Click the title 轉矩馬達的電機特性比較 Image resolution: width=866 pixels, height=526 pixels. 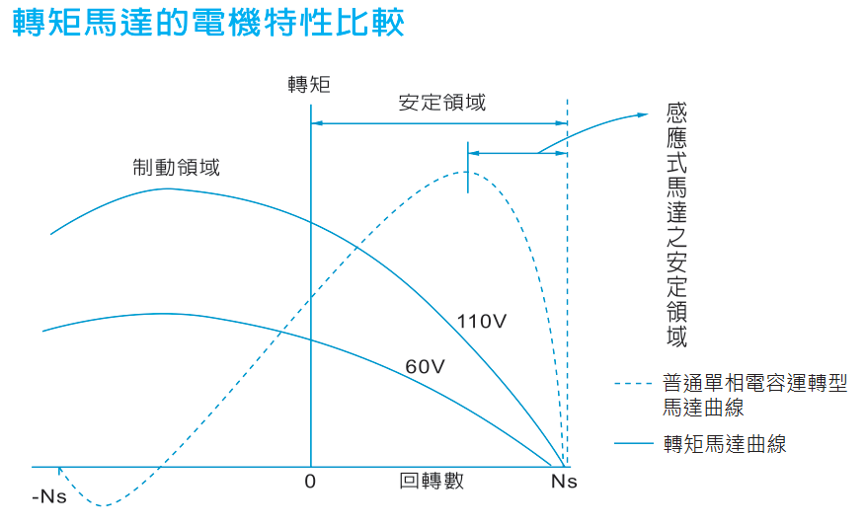click(x=208, y=23)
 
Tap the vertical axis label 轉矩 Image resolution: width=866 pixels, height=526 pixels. click(x=309, y=84)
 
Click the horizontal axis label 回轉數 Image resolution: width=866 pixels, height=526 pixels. click(x=432, y=481)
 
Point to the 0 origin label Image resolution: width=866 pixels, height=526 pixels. click(x=310, y=482)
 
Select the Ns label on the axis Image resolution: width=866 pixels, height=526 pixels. click(x=563, y=482)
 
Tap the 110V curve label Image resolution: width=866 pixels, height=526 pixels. click(x=481, y=321)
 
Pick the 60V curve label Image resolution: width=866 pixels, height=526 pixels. click(x=426, y=367)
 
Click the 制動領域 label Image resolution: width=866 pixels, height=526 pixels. click(x=176, y=167)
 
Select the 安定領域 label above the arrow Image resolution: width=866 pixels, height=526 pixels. click(x=441, y=103)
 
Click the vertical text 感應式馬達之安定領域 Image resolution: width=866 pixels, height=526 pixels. click(x=676, y=226)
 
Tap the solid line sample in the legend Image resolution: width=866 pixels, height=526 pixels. click(x=633, y=444)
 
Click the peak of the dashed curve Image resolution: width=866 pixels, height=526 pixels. click(x=466, y=173)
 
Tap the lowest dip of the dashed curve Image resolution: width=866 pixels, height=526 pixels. click(x=103, y=506)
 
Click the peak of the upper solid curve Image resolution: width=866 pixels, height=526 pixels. click(x=168, y=188)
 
